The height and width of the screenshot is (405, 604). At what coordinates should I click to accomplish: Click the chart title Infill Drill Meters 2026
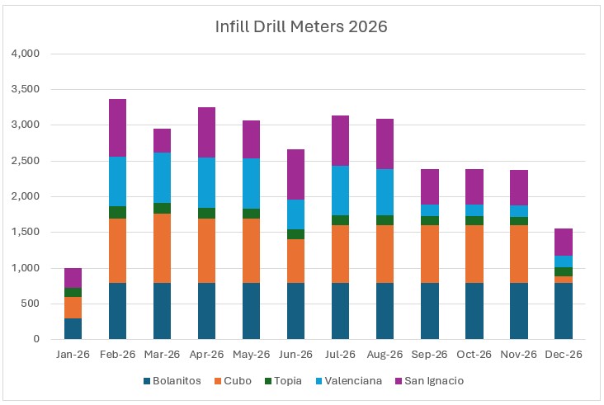[300, 26]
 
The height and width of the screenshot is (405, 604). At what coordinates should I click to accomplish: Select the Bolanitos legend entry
[178, 380]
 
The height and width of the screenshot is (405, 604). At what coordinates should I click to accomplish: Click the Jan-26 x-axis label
[73, 353]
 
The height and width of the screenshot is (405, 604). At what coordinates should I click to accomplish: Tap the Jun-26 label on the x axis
[295, 353]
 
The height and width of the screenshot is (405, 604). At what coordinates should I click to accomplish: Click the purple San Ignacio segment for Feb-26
[117, 128]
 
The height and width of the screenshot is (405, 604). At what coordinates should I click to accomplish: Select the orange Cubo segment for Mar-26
[162, 248]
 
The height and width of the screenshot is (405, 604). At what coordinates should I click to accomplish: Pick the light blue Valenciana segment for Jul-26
[340, 191]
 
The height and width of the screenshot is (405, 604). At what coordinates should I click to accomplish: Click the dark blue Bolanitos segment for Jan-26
[73, 328]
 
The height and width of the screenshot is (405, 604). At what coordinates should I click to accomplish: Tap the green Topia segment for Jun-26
[295, 234]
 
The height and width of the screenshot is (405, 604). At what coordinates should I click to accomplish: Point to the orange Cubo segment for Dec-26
[563, 280]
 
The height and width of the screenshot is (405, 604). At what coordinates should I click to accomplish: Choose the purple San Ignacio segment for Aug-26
[385, 144]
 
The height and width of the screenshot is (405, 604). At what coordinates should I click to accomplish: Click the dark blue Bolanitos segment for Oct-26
[474, 311]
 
